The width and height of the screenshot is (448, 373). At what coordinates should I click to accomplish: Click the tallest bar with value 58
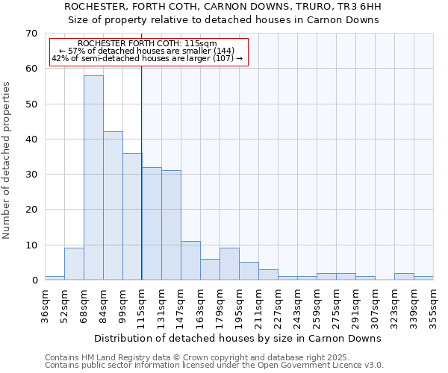coord(93,178)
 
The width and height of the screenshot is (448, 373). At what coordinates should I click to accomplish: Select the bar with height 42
coord(113,206)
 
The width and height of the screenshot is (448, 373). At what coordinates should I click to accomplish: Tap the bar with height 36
coord(132,216)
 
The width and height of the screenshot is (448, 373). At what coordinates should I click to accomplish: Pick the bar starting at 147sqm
coord(190,260)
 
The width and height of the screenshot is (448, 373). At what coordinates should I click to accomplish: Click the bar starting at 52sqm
coord(74,264)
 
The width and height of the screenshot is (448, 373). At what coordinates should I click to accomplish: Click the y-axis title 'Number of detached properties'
coord(7,160)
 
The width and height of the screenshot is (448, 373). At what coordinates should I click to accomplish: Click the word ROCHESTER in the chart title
coord(96,6)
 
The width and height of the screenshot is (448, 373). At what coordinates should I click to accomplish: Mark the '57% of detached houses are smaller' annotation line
coord(146,51)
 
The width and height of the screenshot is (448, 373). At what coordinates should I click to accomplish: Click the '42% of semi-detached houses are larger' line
coord(147,58)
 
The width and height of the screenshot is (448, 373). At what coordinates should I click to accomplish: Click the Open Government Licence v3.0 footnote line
coord(214,366)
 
